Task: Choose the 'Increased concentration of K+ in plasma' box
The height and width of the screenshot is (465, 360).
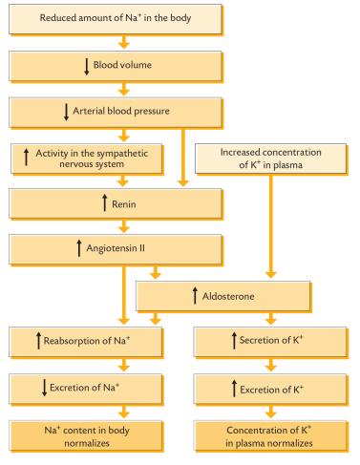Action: click(x=271, y=159)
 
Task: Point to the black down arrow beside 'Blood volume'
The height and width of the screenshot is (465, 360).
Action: click(x=86, y=67)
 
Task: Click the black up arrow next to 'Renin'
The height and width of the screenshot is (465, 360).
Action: click(x=102, y=203)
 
